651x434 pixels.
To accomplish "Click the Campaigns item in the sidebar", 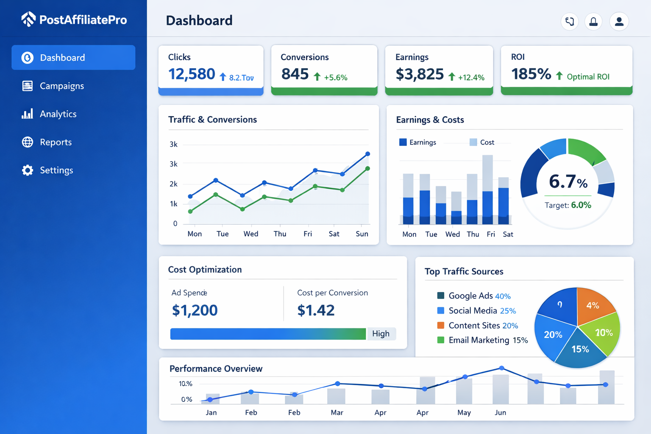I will click(x=61, y=86).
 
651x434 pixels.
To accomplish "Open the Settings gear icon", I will click(x=28, y=170).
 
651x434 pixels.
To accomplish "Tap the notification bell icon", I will click(x=593, y=22).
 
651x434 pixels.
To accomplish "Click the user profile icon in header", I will click(x=619, y=22).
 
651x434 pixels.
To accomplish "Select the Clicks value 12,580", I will click(x=192, y=74).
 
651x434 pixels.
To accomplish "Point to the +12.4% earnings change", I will click(x=471, y=78).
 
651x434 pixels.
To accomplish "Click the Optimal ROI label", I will click(x=588, y=77).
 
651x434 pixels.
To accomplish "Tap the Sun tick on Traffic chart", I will click(x=362, y=234).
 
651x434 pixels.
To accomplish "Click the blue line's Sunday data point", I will click(x=367, y=154).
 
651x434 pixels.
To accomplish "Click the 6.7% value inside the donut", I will click(x=568, y=181).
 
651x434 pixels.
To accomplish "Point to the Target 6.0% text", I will click(x=568, y=205).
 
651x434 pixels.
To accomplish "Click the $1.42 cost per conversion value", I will click(x=316, y=310).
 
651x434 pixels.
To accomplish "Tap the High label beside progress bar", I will click(x=381, y=334).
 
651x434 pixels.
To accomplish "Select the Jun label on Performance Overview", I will click(x=500, y=412).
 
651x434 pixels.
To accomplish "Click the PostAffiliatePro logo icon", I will click(x=28, y=19).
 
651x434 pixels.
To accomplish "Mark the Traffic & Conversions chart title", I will click(x=212, y=120).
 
